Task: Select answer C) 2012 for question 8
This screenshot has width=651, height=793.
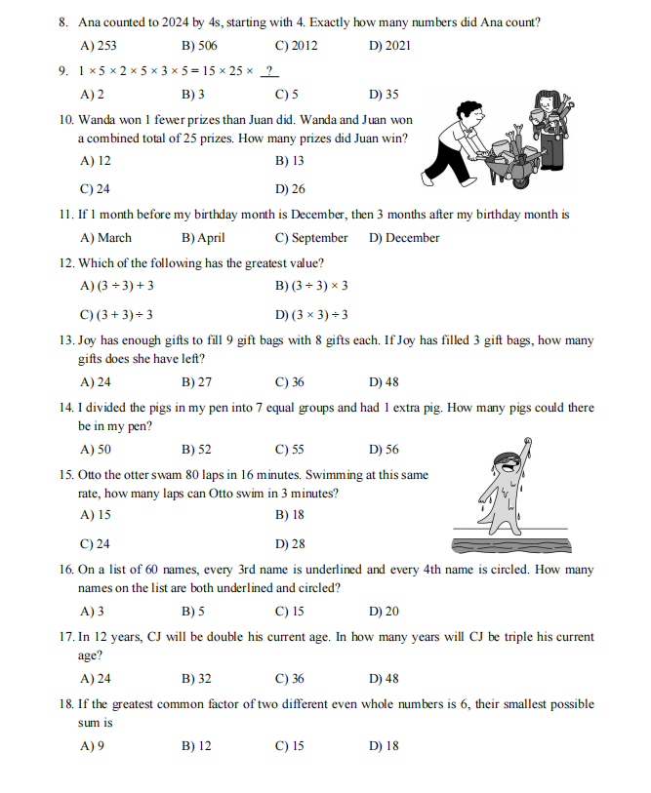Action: pos(296,46)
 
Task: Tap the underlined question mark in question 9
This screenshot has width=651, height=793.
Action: pos(271,70)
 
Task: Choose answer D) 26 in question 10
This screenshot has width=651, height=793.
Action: pos(290,189)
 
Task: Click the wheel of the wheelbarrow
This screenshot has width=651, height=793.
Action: pos(523,179)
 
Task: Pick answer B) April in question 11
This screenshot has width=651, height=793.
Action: pos(203,238)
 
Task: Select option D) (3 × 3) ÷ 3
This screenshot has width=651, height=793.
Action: pos(311,314)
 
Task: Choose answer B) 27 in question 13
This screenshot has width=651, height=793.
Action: pos(197,382)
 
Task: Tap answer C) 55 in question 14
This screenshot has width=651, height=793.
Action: pos(290,450)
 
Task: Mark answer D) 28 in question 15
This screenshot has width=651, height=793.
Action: pos(290,544)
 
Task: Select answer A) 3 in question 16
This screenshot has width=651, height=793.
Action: pos(93,612)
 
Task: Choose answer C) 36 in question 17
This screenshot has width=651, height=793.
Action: pos(290,679)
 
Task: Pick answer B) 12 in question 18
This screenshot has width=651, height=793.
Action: pos(197,746)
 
